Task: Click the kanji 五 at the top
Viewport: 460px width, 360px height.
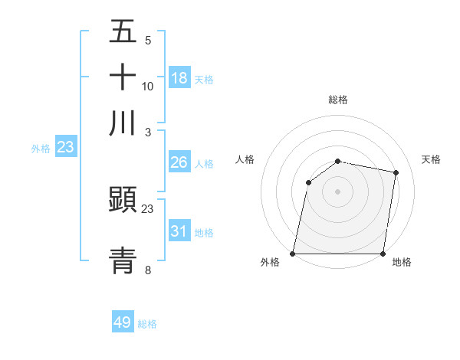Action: (x=123, y=32)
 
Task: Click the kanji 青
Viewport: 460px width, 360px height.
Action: (x=123, y=260)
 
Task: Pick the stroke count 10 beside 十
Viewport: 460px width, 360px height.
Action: (x=148, y=86)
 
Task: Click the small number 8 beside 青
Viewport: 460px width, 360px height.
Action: (x=148, y=270)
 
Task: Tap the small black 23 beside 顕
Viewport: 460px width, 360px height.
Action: (x=148, y=209)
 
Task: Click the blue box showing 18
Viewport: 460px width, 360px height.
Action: (x=179, y=78)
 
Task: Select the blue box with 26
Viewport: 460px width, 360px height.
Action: (x=179, y=162)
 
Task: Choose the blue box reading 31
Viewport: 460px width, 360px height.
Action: (x=179, y=231)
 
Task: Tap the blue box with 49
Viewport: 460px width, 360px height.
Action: (x=123, y=322)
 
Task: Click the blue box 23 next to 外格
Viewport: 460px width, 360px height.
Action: (x=65, y=147)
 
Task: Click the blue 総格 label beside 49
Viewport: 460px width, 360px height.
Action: (x=147, y=324)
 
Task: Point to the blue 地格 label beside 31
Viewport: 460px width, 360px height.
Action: (x=204, y=233)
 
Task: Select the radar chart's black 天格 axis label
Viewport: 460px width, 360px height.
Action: (x=431, y=159)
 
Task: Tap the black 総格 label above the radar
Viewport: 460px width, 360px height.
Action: (x=338, y=100)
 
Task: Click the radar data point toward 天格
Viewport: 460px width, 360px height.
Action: (x=396, y=173)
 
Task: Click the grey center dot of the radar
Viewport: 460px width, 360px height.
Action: (x=338, y=191)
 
